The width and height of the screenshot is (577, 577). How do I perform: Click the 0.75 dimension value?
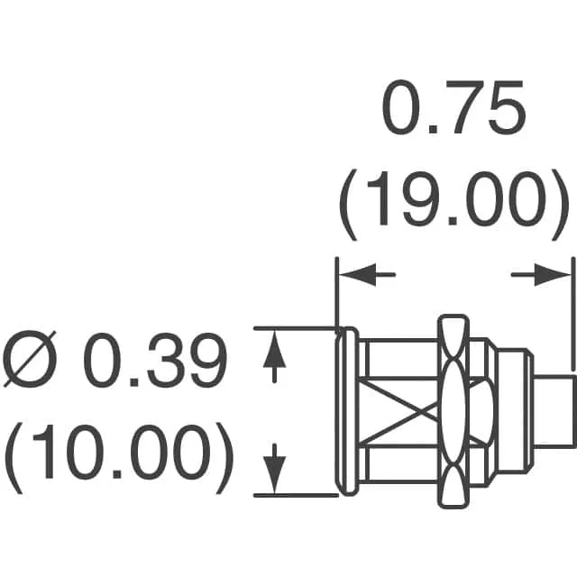click(x=453, y=107)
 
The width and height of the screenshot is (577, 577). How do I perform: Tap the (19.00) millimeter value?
click(x=451, y=205)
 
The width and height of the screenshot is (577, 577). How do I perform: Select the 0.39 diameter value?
click(x=155, y=360)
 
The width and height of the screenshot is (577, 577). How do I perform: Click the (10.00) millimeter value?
click(x=119, y=458)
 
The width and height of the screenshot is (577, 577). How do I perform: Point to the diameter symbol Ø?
click(x=30, y=359)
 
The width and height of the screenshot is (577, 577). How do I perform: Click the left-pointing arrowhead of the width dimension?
click(x=357, y=274)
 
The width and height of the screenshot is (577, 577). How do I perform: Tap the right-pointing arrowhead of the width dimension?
click(x=552, y=274)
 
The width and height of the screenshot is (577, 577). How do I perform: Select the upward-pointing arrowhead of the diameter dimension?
click(x=274, y=349)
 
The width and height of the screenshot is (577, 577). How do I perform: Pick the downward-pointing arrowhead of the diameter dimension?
click(x=274, y=475)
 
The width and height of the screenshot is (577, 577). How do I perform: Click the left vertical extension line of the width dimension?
click(x=336, y=295)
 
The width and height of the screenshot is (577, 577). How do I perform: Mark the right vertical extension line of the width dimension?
click(x=572, y=314)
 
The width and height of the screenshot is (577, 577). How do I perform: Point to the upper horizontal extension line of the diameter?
click(x=296, y=328)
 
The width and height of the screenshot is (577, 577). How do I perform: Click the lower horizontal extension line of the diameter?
click(x=296, y=496)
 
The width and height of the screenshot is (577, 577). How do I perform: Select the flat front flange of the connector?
click(x=346, y=411)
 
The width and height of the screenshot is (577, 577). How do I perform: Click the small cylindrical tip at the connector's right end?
click(x=554, y=411)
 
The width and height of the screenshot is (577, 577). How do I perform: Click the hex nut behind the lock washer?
click(x=482, y=411)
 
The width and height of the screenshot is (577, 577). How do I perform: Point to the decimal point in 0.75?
click(x=433, y=129)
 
